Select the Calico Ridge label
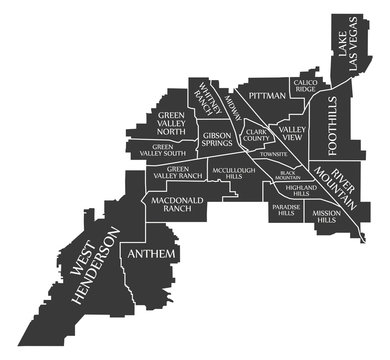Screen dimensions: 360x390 305,86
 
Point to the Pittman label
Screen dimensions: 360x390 268,95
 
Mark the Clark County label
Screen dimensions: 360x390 257,135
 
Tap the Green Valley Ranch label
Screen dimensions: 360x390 178,173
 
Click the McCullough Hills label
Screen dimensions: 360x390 234,174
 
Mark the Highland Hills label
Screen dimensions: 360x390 301,191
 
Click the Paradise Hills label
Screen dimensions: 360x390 285,210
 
